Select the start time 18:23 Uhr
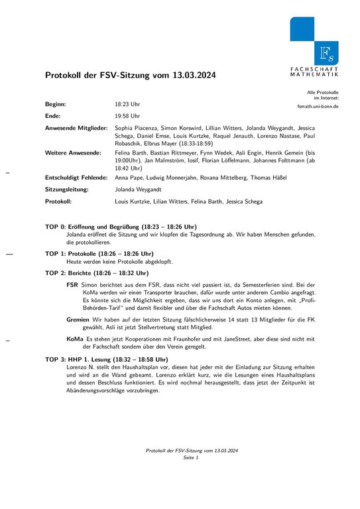pyautogui.click(x=127, y=105)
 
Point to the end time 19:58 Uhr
pyautogui.click(x=127, y=116)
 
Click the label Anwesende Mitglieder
pyautogui.click(x=76, y=127)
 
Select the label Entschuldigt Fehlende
pyautogui.click(x=76, y=178)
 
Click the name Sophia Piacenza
pyautogui.click(x=137, y=127)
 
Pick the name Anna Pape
pyautogui.click(x=129, y=178)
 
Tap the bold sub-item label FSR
pyautogui.click(x=72, y=284)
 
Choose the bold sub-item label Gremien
pyautogui.click(x=78, y=319)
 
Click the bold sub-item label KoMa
pyautogui.click(x=74, y=339)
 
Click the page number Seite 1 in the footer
pyautogui.click(x=191, y=458)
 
